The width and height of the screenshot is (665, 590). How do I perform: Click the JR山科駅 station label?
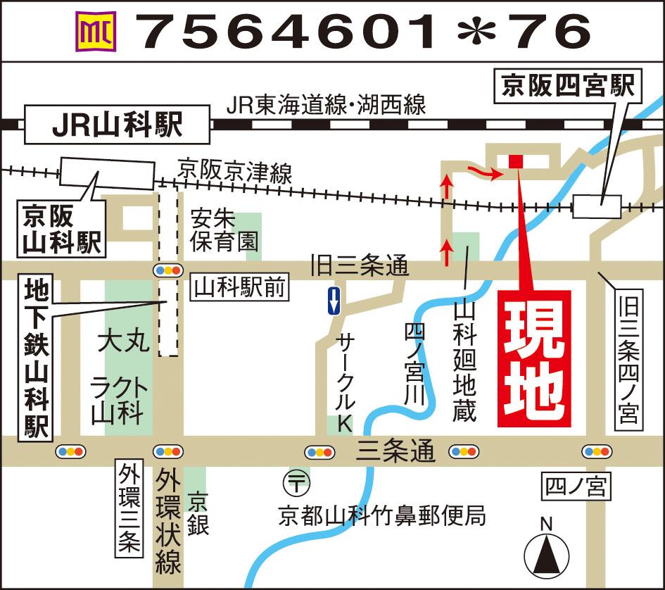tap(118, 126)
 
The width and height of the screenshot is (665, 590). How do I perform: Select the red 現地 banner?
tap(534, 358)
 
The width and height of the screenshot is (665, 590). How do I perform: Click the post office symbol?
tap(295, 483)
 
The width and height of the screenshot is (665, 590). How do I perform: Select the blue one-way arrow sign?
tap(334, 301)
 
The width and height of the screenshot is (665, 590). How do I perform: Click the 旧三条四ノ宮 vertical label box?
tap(628, 360)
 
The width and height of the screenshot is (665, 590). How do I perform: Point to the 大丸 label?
tap(124, 344)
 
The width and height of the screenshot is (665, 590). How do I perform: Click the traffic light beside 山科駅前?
tap(167, 270)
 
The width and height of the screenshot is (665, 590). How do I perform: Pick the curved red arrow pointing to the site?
tap(486, 171)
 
